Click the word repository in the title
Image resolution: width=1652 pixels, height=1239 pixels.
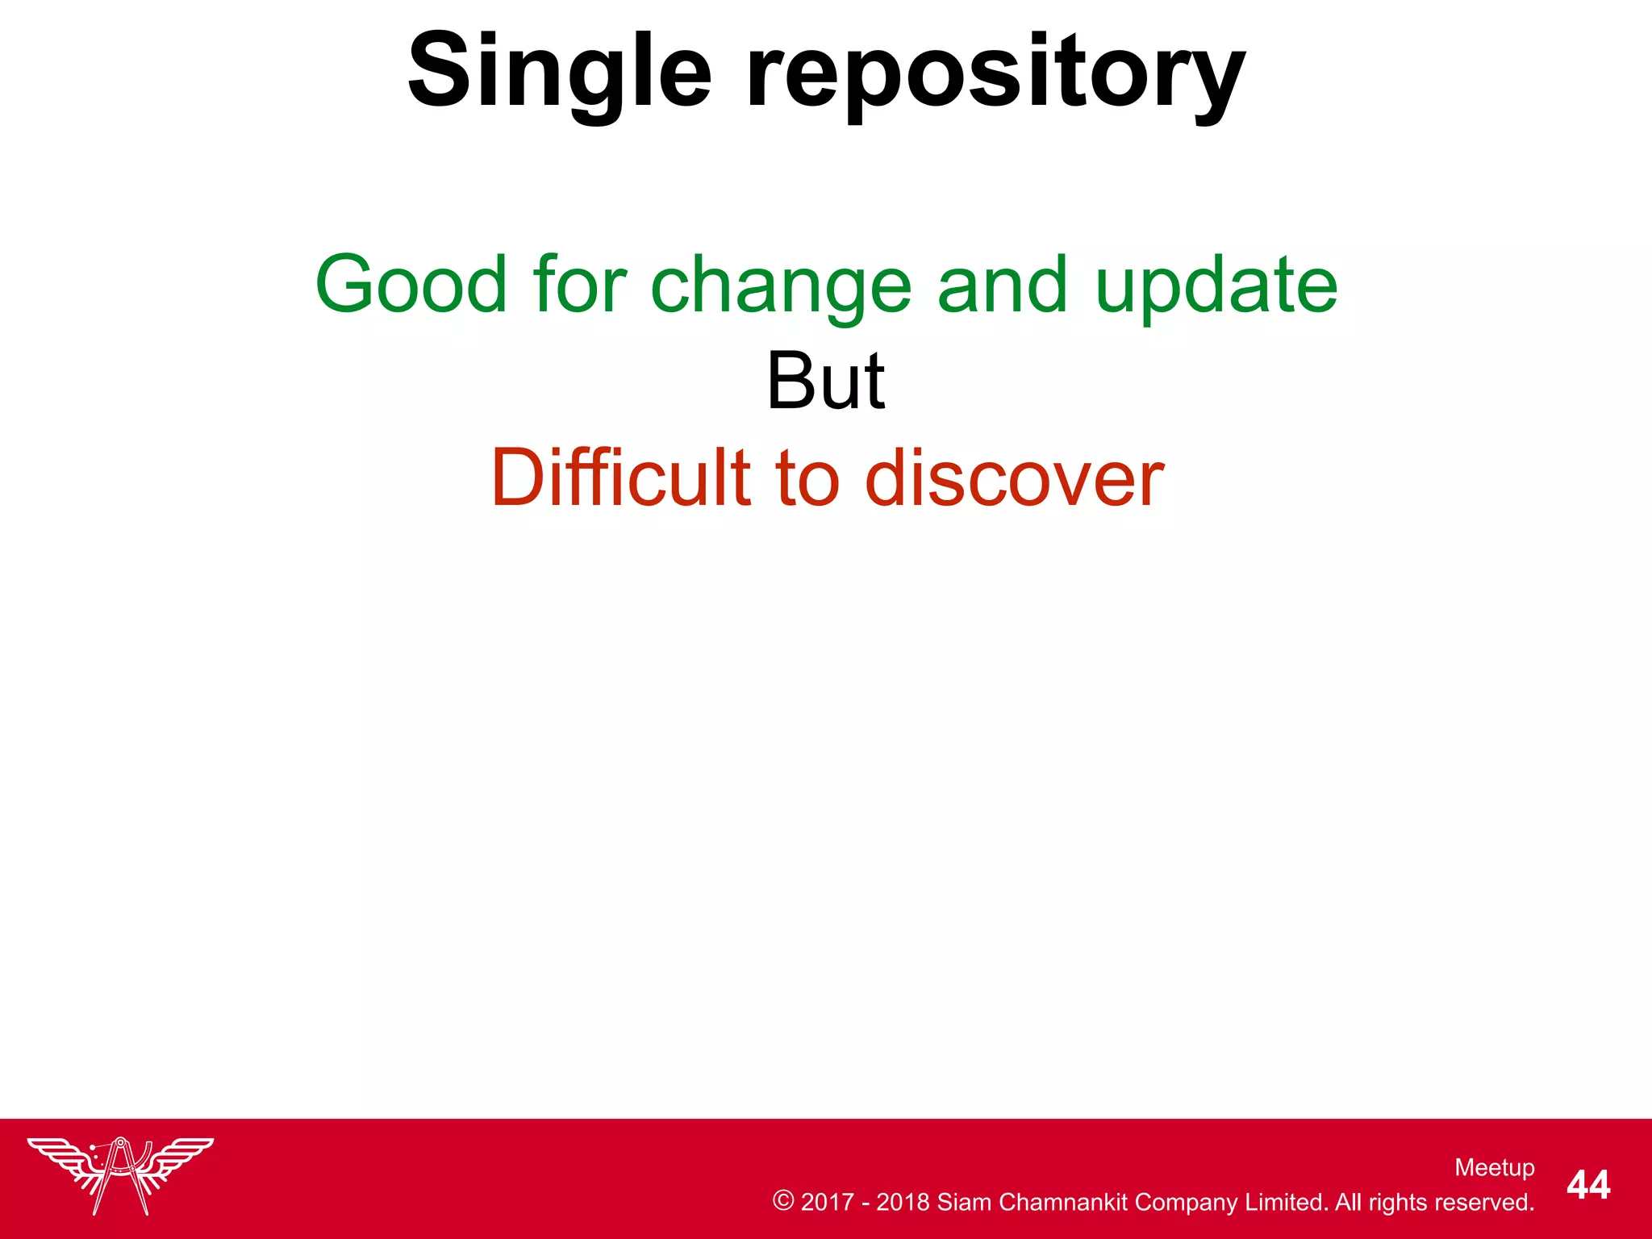tap(995, 74)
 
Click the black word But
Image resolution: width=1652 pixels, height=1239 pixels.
tap(825, 382)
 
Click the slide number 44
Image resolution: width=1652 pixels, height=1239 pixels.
tap(1588, 1185)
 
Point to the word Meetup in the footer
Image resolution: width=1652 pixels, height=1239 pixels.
tap(1494, 1167)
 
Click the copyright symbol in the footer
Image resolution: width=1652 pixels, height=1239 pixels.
tap(783, 1200)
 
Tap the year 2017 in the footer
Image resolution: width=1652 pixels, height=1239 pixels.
tap(827, 1202)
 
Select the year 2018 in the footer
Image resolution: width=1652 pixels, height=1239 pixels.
tap(903, 1202)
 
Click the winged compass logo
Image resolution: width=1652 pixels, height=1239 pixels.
tap(121, 1174)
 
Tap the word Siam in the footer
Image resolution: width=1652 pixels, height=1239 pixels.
tap(964, 1202)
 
